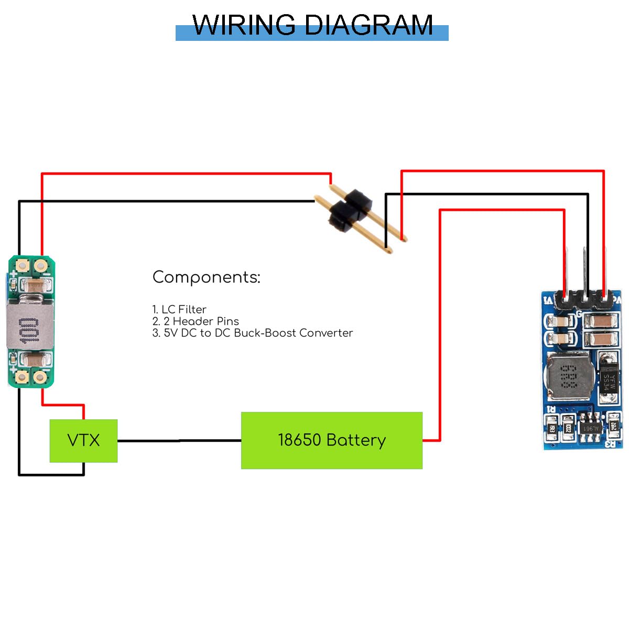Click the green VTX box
coord(83,440)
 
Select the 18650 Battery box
coord(331,440)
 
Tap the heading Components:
coord(206,277)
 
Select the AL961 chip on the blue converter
coord(590,427)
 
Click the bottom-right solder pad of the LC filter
coord(40,377)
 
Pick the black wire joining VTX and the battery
coord(178,441)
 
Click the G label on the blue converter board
coord(579,314)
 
